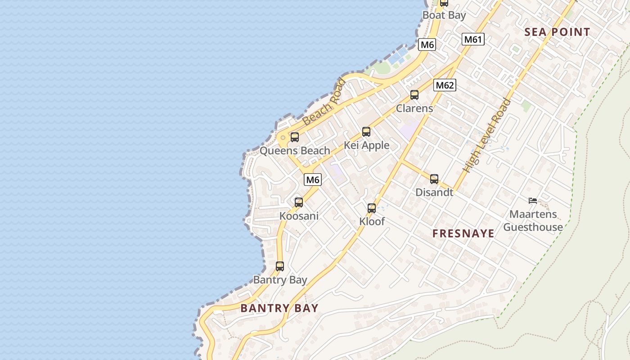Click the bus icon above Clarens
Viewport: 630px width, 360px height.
pyautogui.click(x=414, y=95)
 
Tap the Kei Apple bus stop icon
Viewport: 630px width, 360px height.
pyautogui.click(x=366, y=132)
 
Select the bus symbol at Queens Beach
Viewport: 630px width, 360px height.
pyautogui.click(x=295, y=137)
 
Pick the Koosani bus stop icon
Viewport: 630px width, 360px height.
pyautogui.click(x=299, y=202)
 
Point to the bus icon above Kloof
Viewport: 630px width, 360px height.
pyautogui.click(x=372, y=208)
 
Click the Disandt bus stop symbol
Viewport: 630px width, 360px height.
pyautogui.click(x=434, y=179)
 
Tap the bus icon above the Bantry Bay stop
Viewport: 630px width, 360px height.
pyautogui.click(x=280, y=266)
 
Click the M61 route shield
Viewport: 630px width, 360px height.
pyautogui.click(x=473, y=39)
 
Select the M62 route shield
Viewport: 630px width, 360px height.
pyautogui.click(x=445, y=85)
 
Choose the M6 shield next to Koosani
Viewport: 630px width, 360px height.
pyautogui.click(x=313, y=180)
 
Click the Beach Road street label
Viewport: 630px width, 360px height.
pyautogui.click(x=324, y=102)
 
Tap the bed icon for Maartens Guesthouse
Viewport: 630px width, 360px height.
pyautogui.click(x=533, y=201)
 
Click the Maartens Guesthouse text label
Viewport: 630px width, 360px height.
pyautogui.click(x=533, y=220)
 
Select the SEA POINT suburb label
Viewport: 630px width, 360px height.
pyautogui.click(x=557, y=32)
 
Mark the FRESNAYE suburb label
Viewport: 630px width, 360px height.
pyautogui.click(x=463, y=233)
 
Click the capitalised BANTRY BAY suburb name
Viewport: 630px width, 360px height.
pyautogui.click(x=279, y=308)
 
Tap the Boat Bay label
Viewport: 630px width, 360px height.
pyautogui.click(x=444, y=15)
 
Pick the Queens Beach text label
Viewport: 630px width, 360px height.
pyautogui.click(x=295, y=151)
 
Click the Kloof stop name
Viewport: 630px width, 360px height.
pyautogui.click(x=372, y=221)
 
